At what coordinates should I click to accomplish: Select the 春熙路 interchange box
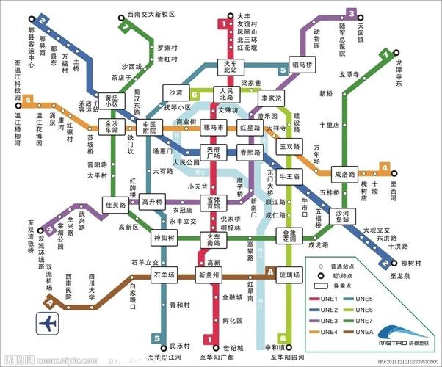[x=252, y=153]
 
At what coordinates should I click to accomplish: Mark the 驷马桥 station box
[x=302, y=65]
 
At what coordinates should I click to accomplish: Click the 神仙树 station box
[x=163, y=239]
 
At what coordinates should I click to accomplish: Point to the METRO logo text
[x=392, y=343]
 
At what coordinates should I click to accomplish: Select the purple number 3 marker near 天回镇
[x=352, y=13]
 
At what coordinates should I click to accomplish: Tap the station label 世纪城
[x=232, y=346]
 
